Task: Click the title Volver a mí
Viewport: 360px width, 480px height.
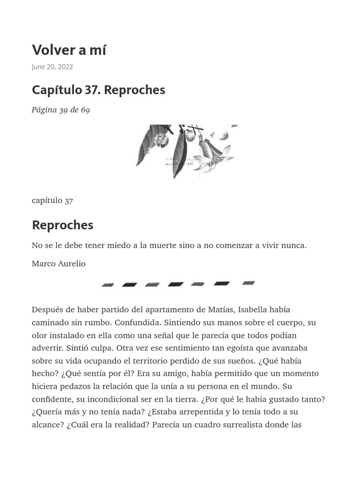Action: (69, 50)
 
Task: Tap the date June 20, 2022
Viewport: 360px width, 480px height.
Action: (52, 67)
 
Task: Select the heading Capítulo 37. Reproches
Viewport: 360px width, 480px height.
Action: (98, 90)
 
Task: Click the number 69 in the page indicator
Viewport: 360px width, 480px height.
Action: (85, 110)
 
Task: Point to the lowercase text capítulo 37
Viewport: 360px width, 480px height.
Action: (52, 201)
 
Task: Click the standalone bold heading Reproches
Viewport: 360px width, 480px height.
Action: (62, 225)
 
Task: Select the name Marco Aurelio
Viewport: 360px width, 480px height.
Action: (59, 263)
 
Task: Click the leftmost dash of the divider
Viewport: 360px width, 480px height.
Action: (108, 285)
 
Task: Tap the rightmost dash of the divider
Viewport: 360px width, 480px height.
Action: (248, 283)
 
